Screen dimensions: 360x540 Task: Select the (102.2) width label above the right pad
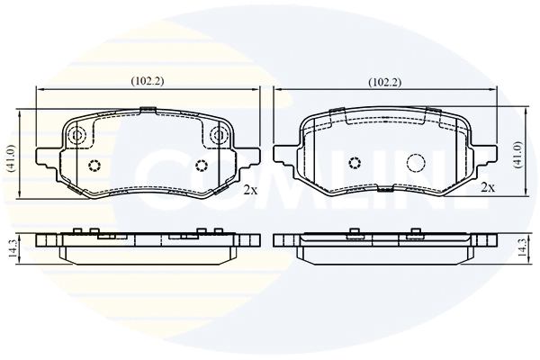point(384,82)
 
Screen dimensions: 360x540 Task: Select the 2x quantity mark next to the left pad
point(250,190)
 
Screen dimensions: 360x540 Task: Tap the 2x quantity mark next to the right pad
point(488,187)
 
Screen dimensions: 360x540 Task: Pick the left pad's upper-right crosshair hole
point(219,137)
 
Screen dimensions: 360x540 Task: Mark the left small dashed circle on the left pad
point(94,165)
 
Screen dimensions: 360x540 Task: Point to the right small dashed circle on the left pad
point(201,165)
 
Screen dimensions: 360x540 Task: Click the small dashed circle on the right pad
point(355,163)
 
